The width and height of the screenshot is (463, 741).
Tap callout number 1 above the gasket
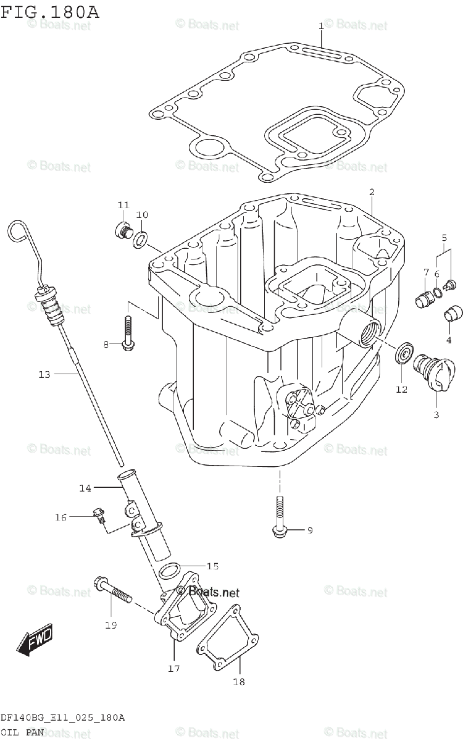coord(321,26)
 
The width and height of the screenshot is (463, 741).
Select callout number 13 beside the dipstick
coord(44,374)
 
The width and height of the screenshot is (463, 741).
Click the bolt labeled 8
coord(128,333)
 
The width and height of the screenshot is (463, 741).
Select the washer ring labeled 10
coord(141,238)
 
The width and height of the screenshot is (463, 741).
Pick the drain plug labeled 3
coord(433,374)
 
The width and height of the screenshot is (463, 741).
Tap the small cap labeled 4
coord(453,314)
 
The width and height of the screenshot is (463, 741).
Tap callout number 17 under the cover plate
coord(173,668)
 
